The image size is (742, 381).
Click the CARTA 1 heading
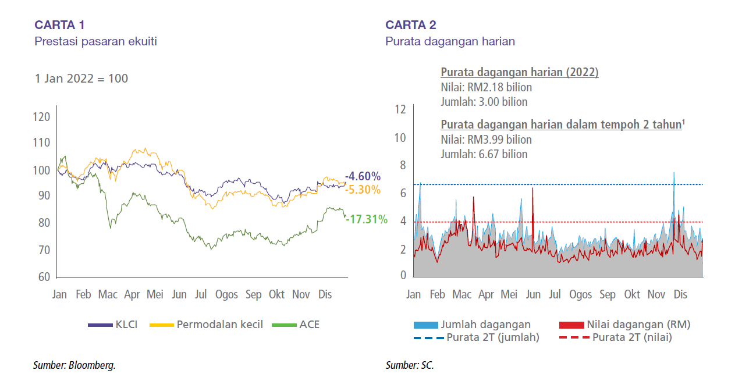point(60,24)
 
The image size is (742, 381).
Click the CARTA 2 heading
point(410,24)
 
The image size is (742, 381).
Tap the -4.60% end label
point(363,176)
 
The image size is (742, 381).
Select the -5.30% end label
point(363,190)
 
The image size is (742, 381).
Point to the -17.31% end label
point(366,219)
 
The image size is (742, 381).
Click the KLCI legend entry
point(113,325)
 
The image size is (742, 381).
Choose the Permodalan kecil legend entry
point(207,325)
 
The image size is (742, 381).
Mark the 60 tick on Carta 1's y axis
point(44,277)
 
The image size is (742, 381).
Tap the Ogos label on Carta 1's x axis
point(226,294)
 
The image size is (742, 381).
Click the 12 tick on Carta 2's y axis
point(400,109)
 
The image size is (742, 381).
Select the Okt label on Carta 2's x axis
point(631,294)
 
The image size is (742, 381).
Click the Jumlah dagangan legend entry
point(472,325)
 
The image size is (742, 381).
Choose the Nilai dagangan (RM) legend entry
point(624,325)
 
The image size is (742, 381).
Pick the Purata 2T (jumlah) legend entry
point(476,337)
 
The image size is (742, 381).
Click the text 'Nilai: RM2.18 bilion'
point(486,87)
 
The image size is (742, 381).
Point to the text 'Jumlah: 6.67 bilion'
point(484,154)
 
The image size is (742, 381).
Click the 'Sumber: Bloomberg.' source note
point(74,365)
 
